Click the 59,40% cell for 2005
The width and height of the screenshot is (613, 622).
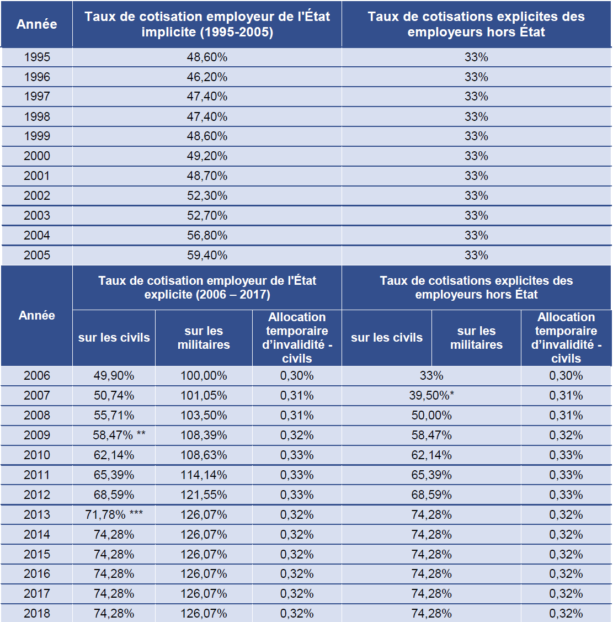pyautogui.click(x=207, y=255)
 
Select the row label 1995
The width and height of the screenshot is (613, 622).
pyautogui.click(x=37, y=57)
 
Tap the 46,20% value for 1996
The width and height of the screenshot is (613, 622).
pyautogui.click(x=207, y=77)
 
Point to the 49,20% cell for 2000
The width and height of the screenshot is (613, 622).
pyautogui.click(x=207, y=156)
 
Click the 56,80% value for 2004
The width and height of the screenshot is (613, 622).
pyautogui.click(x=207, y=235)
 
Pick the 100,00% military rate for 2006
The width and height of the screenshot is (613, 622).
pyautogui.click(x=204, y=375)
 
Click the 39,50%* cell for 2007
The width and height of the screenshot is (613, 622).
pyautogui.click(x=431, y=395)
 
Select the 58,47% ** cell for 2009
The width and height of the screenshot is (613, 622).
pyautogui.click(x=119, y=435)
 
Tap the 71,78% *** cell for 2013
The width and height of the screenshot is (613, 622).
pyautogui.click(x=114, y=514)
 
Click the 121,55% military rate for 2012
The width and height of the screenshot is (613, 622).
pyautogui.click(x=204, y=495)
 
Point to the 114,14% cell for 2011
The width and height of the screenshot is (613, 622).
pyautogui.click(x=204, y=475)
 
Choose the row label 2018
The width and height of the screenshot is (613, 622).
pyautogui.click(x=37, y=613)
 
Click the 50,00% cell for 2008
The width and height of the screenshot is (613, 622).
pyautogui.click(x=431, y=415)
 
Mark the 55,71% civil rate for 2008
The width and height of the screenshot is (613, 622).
pyautogui.click(x=114, y=415)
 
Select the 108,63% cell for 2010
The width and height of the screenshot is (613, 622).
pyautogui.click(x=204, y=455)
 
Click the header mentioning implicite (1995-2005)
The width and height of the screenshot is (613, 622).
pyautogui.click(x=207, y=24)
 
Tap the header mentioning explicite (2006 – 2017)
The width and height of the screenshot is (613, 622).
pyautogui.click(x=207, y=288)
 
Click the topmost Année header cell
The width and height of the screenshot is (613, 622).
pyautogui.click(x=37, y=24)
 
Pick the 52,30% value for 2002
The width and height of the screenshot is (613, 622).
pyautogui.click(x=207, y=195)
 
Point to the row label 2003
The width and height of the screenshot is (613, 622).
pyautogui.click(x=37, y=215)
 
